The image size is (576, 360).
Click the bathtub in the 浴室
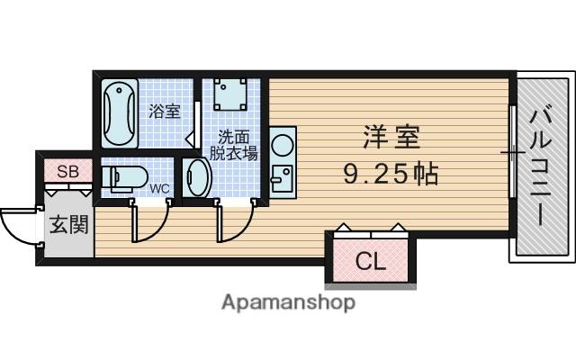click(120, 113)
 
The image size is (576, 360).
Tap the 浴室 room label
click(165, 111)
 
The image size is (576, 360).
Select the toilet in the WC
click(124, 178)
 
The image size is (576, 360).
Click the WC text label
click(160, 188)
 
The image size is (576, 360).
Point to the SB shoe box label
click(68, 171)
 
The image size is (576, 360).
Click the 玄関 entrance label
click(69, 224)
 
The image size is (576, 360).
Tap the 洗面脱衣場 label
click(234, 145)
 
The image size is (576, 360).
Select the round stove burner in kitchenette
click(282, 144)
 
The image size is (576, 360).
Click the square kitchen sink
click(282, 178)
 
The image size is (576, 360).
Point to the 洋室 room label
click(391, 137)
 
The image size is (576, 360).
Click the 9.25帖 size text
click(391, 174)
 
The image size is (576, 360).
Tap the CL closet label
click(371, 261)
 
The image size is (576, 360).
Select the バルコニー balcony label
click(541, 167)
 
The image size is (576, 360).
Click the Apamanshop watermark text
click(288, 303)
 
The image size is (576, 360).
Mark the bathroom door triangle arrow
click(190, 139)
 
